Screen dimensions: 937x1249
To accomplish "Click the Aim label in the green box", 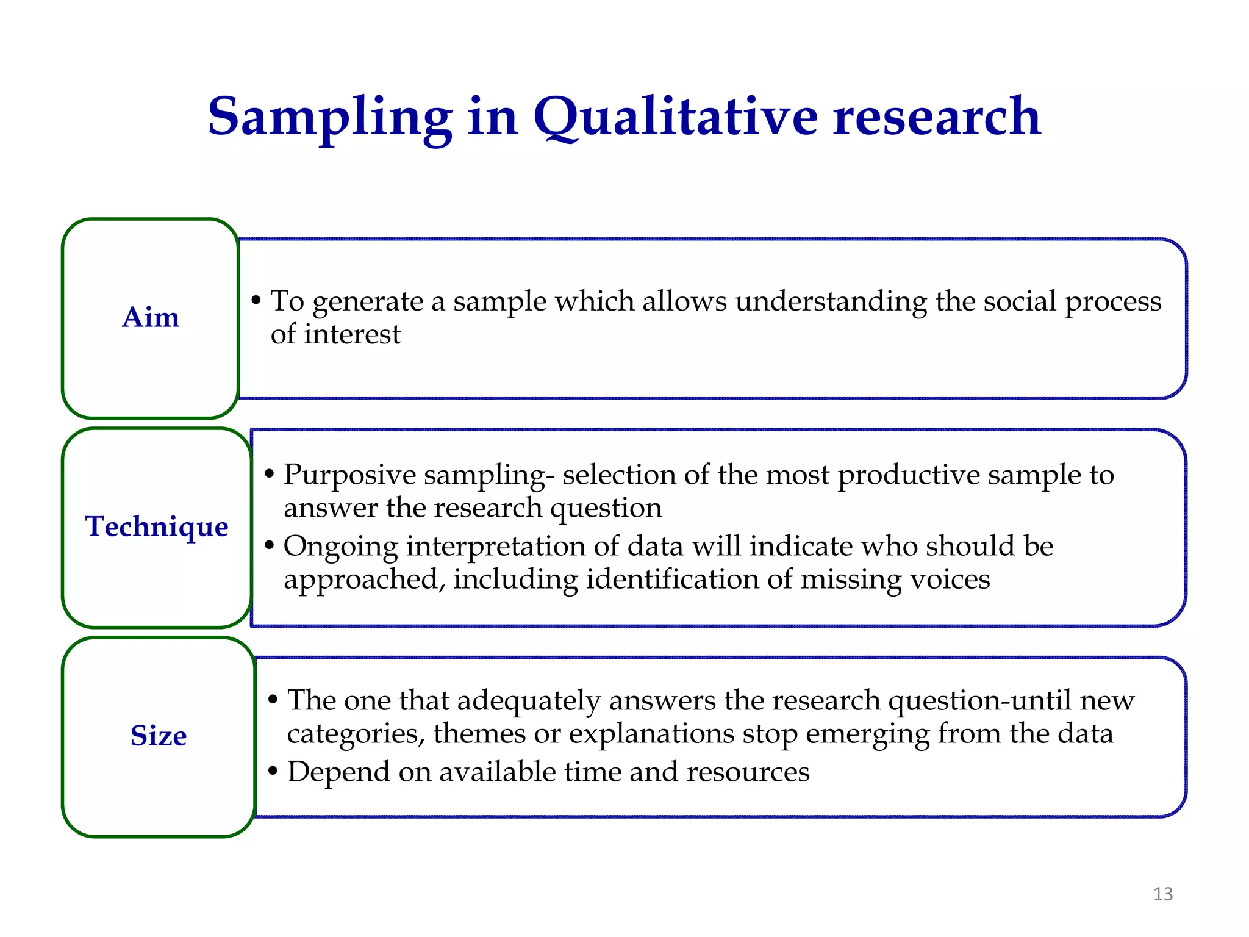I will click(151, 317).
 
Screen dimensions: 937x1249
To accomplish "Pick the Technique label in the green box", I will click(157, 526).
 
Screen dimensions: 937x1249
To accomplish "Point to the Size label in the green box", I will click(159, 736).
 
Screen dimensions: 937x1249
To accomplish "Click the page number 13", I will click(1163, 894).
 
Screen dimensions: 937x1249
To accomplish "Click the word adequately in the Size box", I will click(529, 700).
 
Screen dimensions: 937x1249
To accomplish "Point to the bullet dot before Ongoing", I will click(270, 545).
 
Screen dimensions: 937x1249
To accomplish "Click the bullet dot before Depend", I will click(273, 771).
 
